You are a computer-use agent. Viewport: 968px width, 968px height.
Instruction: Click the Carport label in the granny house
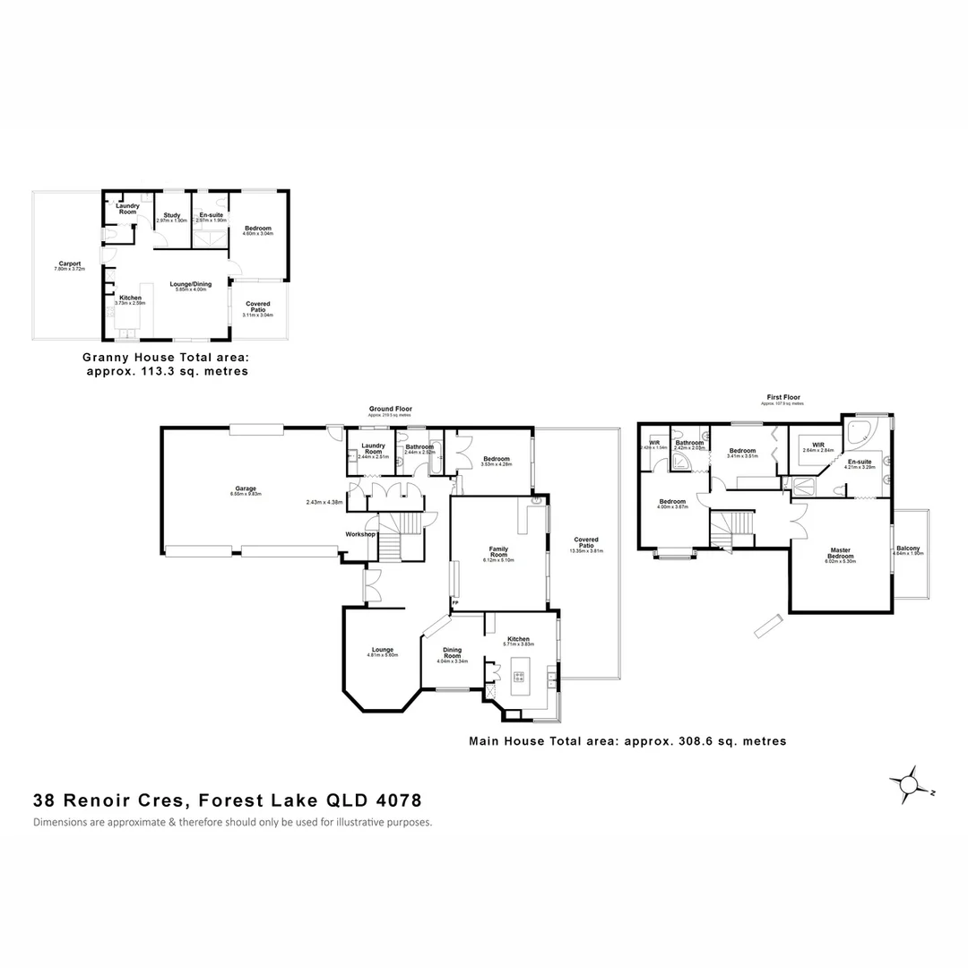[69, 264]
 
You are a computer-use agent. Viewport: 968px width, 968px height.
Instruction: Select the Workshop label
[359, 534]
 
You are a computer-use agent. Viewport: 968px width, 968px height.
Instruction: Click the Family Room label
[498, 551]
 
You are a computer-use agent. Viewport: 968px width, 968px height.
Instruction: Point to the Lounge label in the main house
[383, 650]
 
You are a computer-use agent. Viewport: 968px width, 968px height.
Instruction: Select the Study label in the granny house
[172, 214]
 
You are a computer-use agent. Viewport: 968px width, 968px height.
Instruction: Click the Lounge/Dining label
[189, 284]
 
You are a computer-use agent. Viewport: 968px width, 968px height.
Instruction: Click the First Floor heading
[783, 397]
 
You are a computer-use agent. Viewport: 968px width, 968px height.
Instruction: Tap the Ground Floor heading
[391, 409]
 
